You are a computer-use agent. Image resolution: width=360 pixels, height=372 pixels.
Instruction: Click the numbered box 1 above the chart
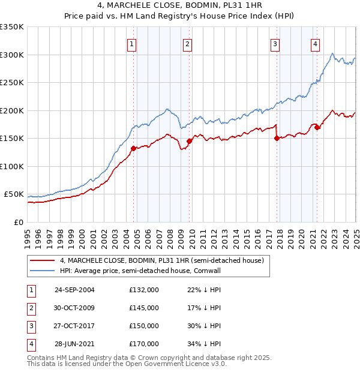point(131,43)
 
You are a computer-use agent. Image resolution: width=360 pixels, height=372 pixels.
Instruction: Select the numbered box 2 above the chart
point(187,43)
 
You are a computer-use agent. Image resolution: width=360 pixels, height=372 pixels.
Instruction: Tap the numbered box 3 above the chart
point(274,43)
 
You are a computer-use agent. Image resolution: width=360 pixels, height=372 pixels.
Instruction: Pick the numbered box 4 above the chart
point(314,43)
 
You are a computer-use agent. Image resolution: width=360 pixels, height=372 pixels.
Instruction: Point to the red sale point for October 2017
point(277,139)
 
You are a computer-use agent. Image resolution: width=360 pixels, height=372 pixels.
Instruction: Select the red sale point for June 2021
point(317,128)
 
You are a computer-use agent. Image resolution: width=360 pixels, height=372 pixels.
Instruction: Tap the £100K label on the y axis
point(12,166)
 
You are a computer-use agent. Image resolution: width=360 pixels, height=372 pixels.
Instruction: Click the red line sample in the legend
point(42,260)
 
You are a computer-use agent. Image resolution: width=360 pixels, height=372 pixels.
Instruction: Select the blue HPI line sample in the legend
point(42,271)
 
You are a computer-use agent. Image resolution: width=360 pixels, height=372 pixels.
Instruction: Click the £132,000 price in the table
point(144,290)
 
